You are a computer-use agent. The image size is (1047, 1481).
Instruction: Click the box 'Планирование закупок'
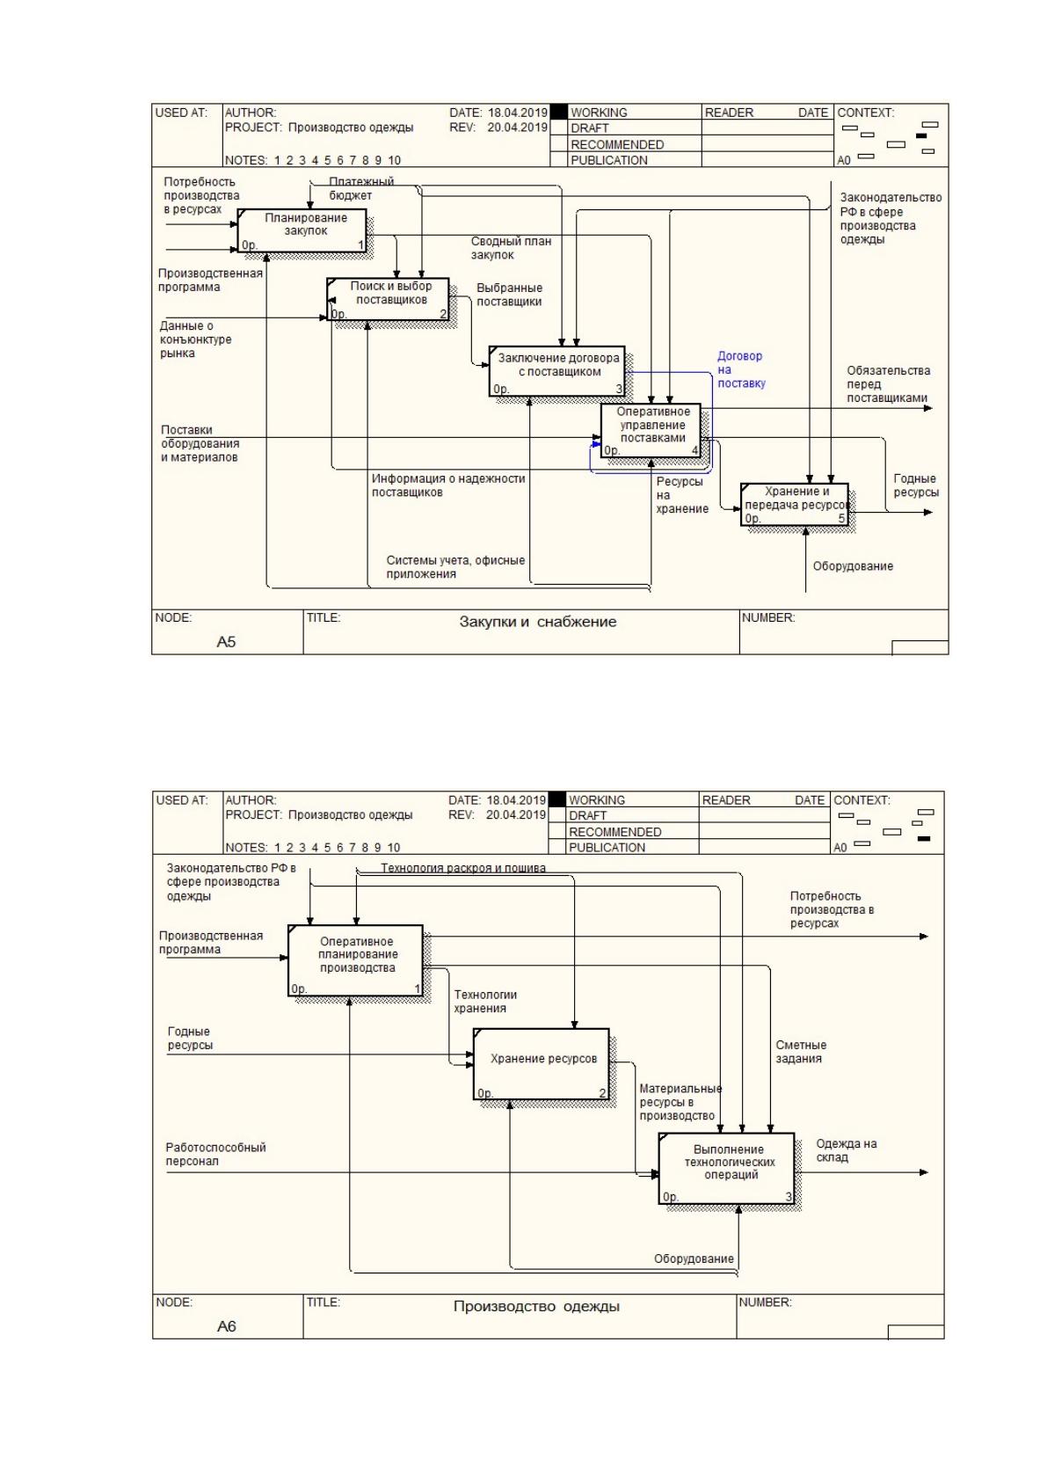302,230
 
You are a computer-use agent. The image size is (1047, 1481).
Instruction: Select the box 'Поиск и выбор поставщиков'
388,300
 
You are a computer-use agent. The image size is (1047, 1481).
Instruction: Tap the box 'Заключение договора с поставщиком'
556,371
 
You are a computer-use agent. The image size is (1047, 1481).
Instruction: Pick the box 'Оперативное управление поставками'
651,430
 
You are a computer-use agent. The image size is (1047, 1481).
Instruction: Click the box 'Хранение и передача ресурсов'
795,505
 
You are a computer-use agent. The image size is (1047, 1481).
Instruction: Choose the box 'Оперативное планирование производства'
356,960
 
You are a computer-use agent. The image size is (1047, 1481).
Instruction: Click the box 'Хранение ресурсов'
542,1064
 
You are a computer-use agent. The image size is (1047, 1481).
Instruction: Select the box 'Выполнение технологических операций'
726,1168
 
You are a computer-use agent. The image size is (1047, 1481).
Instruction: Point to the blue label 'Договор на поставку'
741,369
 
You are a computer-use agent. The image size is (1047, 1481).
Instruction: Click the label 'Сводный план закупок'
511,248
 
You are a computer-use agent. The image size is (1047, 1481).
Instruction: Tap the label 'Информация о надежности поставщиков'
448,485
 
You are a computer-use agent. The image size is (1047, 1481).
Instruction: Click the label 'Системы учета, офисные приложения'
455,566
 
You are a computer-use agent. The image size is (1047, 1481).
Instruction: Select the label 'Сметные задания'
801,1051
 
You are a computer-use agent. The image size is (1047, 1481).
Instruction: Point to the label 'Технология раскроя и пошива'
462,868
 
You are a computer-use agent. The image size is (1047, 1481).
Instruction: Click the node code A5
226,641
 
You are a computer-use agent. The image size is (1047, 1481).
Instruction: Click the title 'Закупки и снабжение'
537,622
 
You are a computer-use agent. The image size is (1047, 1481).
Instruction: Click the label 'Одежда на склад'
846,1150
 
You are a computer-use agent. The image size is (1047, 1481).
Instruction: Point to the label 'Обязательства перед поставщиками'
888,384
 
